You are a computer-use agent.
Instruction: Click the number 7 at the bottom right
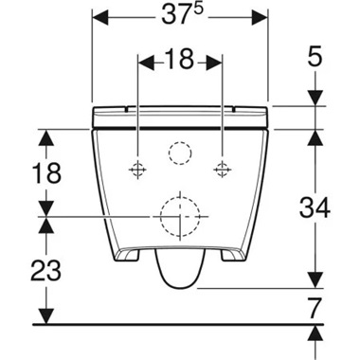(x=314, y=307)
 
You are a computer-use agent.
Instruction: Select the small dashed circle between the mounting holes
(x=179, y=153)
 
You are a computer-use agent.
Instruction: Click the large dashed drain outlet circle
(x=180, y=217)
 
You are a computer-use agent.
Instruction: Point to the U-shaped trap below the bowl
(x=180, y=271)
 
